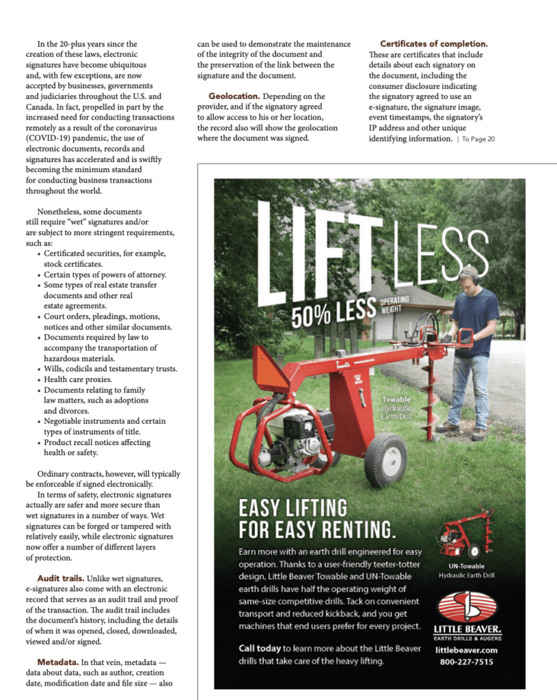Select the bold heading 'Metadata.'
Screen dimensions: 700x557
tap(58, 662)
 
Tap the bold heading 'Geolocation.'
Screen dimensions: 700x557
tap(234, 96)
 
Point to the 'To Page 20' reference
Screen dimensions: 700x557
tap(478, 139)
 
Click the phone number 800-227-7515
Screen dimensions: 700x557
tap(467, 662)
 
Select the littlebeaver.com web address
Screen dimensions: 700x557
tap(467, 650)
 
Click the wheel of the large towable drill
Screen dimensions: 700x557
tap(385, 459)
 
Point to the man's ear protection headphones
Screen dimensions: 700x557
tap(468, 275)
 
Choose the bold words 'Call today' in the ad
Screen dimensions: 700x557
tap(260, 647)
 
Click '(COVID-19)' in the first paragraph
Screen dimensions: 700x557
tap(49, 138)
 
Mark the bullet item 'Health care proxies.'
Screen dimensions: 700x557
tap(78, 379)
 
